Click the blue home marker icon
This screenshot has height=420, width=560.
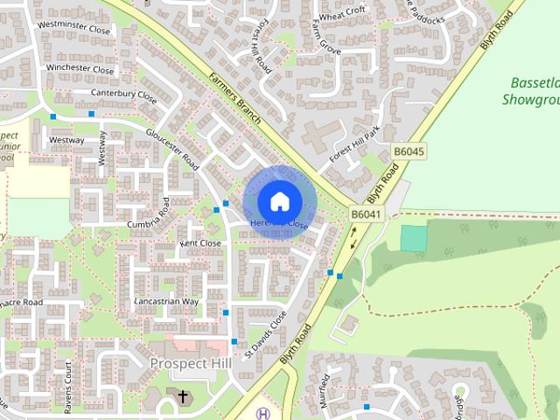278,201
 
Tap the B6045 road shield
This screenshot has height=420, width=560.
409,151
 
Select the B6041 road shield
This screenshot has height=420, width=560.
367,214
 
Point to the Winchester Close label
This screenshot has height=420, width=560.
80,69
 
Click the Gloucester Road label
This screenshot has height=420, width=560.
172,150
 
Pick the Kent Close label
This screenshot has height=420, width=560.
200,243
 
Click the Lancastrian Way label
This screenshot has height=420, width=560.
166,301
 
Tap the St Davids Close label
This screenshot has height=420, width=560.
265,333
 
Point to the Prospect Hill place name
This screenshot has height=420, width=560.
189,363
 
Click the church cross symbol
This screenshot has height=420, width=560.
183,397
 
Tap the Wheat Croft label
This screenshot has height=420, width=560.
342,14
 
